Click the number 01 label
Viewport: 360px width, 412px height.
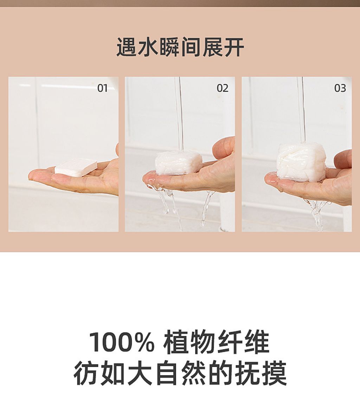(102, 88)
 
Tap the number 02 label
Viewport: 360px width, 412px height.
(222, 88)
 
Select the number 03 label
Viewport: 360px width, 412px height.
(340, 88)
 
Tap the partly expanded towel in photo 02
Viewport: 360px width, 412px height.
(179, 162)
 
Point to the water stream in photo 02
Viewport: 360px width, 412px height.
(179, 112)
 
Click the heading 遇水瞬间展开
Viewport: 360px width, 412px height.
(180, 47)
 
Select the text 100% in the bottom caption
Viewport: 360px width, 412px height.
(121, 342)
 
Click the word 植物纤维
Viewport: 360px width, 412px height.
(216, 342)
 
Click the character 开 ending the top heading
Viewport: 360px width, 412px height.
(234, 47)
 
